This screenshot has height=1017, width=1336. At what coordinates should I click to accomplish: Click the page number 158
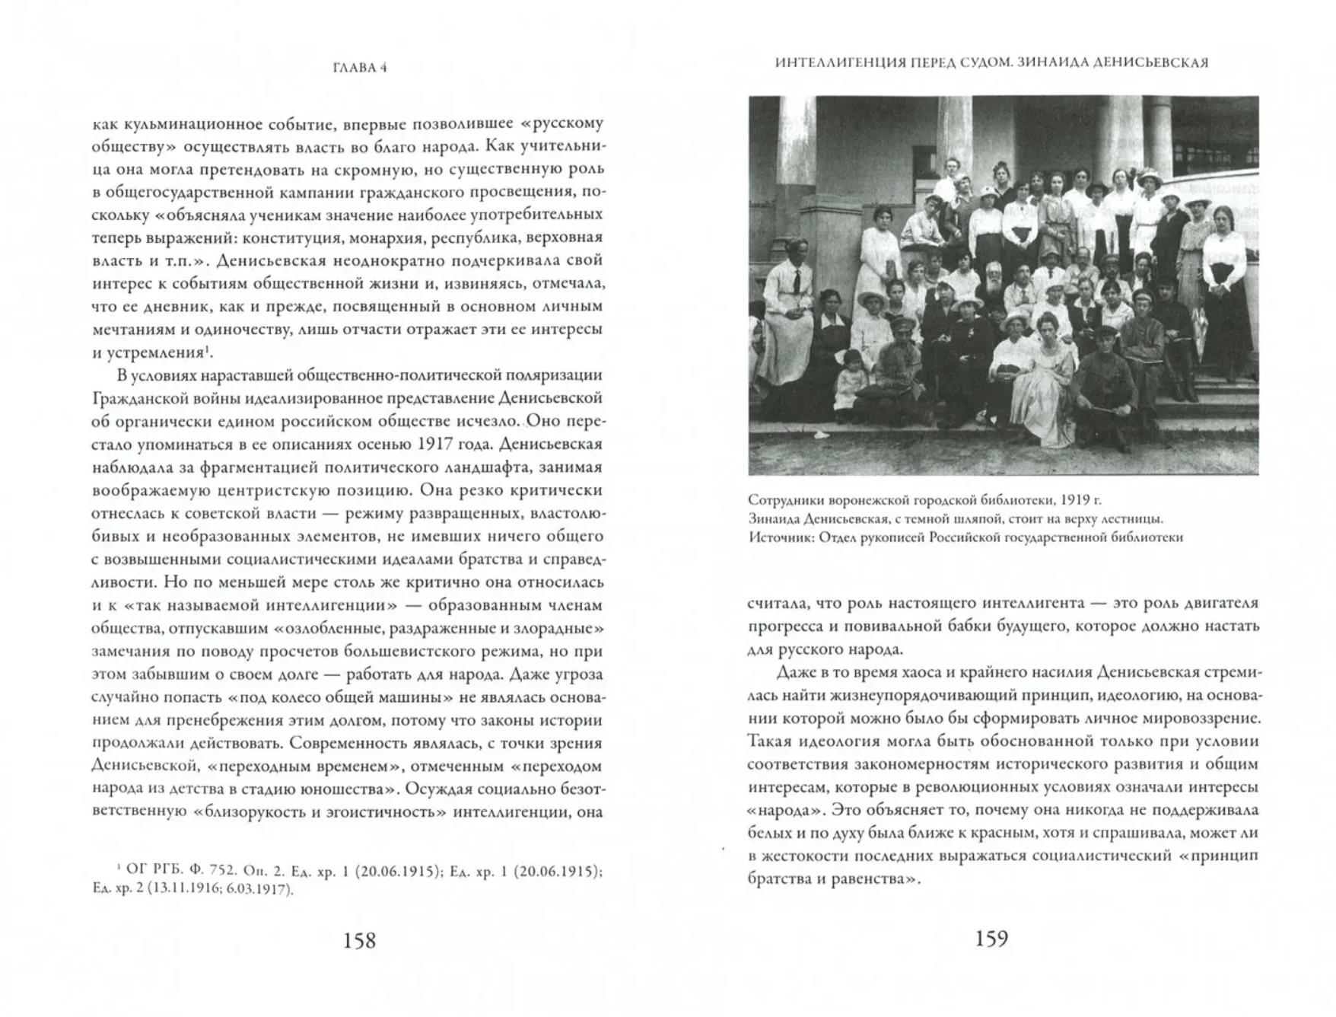pyautogui.click(x=359, y=941)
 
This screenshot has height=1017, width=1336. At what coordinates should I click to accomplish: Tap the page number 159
pyautogui.click(x=991, y=939)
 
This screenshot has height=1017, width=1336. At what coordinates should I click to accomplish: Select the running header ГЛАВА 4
pyautogui.click(x=360, y=67)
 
